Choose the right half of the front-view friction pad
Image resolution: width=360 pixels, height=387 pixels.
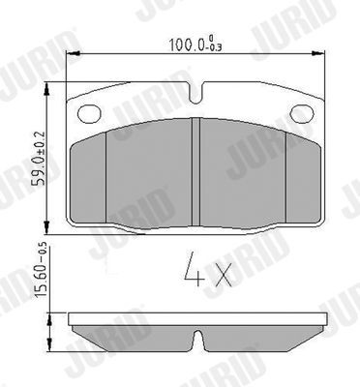(254, 174)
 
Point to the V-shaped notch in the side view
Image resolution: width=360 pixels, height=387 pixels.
(197, 342)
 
